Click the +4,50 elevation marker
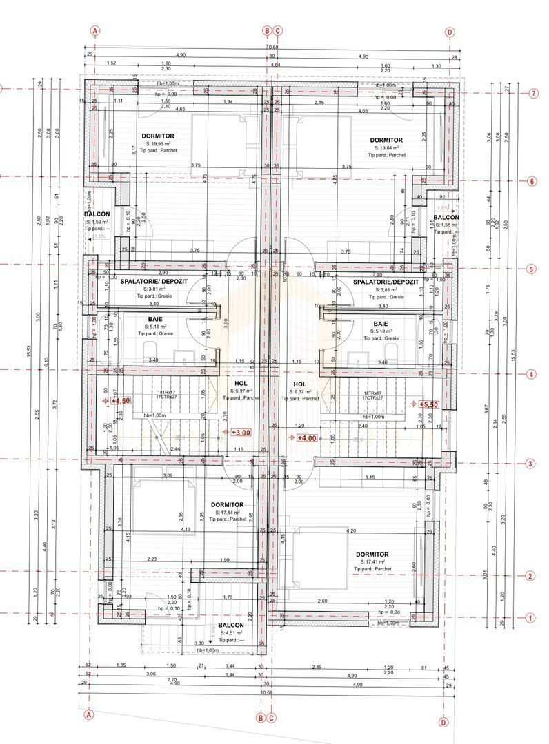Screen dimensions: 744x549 121,400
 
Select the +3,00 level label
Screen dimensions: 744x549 241,433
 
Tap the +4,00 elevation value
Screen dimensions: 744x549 307,437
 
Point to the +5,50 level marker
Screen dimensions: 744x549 430,404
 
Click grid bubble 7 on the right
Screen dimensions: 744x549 533,94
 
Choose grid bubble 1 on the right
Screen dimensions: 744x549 530,618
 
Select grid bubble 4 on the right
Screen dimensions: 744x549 530,375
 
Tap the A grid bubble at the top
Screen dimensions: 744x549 95,31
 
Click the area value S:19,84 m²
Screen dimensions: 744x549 387,147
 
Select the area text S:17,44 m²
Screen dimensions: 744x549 226,513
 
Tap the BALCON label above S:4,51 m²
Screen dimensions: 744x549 231,626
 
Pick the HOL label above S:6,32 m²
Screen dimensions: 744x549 300,384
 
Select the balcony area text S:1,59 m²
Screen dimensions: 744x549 97,222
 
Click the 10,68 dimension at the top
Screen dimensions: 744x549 272,48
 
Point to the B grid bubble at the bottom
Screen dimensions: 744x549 261,717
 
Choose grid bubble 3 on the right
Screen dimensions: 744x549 530,464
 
